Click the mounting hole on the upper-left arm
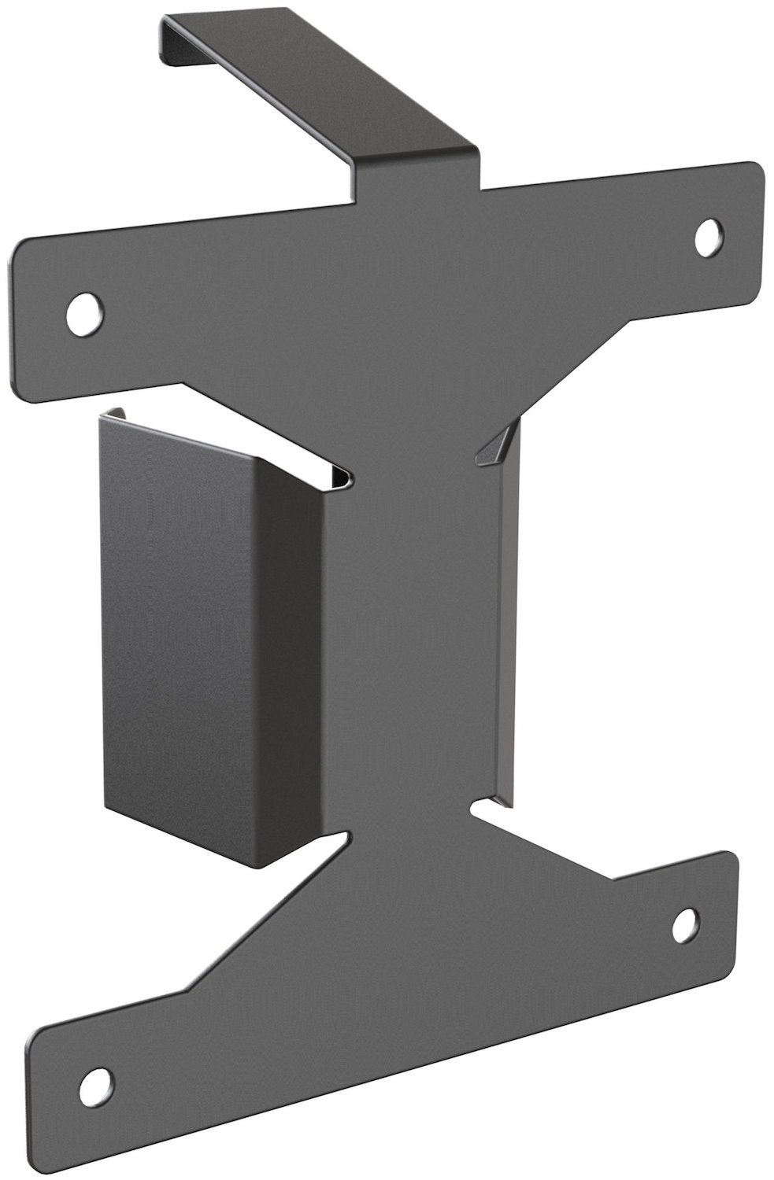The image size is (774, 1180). pos(85,313)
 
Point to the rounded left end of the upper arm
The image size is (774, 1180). pos(28,315)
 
